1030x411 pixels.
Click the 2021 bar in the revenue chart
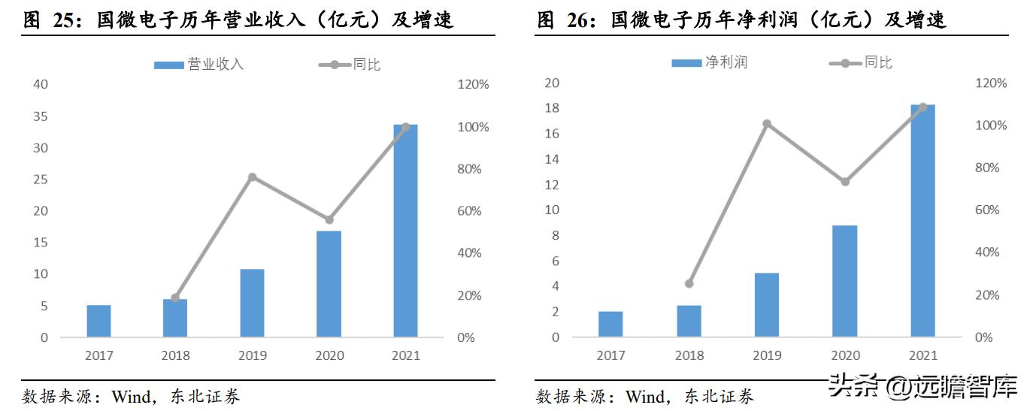(405, 231)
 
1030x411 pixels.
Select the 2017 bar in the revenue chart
(98, 321)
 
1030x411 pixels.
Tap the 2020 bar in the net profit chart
(844, 281)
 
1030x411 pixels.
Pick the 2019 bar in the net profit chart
(766, 304)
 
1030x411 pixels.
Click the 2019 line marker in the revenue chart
(252, 177)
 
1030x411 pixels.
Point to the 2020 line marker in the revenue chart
(329, 219)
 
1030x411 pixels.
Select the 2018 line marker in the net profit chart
(689, 283)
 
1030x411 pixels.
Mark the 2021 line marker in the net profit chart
(923, 107)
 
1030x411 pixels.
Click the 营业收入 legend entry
(199, 65)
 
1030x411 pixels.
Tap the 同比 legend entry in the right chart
(861, 62)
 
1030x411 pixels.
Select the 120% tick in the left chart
(473, 85)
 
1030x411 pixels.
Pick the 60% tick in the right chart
(990, 210)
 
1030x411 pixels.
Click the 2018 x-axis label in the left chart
(175, 355)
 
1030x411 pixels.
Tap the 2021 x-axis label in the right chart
(922, 355)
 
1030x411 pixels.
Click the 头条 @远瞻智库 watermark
(922, 388)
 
